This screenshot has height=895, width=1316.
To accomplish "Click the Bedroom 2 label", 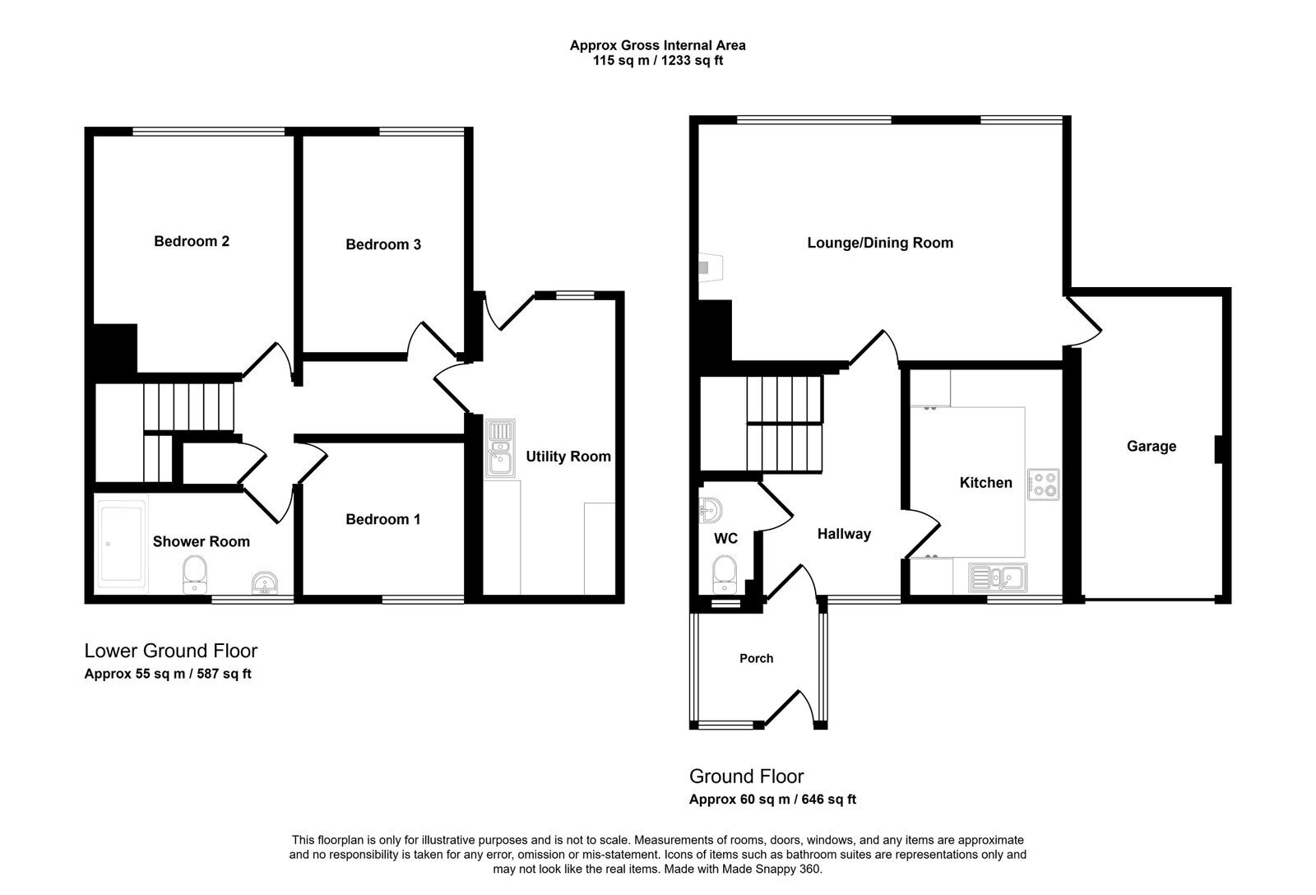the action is pyautogui.click(x=192, y=241).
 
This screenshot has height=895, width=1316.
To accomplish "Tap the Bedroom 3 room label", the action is pyautogui.click(x=383, y=244).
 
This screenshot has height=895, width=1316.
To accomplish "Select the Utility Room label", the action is pyautogui.click(x=568, y=457).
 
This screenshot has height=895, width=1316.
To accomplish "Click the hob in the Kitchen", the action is pyautogui.click(x=1044, y=485).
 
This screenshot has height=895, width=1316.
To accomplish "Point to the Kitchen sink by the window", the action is pyautogui.click(x=998, y=577).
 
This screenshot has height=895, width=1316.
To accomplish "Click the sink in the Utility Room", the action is pyautogui.click(x=500, y=448).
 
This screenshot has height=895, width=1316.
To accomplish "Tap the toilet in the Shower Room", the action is pyautogui.click(x=194, y=575).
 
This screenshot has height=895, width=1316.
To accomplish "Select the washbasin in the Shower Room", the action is pyautogui.click(x=264, y=583).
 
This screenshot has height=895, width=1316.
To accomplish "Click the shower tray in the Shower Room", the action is pyautogui.click(x=122, y=544).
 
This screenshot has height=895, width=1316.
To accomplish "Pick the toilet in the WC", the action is pyautogui.click(x=725, y=575).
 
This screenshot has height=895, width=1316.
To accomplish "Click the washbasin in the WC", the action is pyautogui.click(x=711, y=510).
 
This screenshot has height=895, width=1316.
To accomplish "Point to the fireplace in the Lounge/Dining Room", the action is pyautogui.click(x=711, y=268).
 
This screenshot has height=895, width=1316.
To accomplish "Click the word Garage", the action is pyautogui.click(x=1151, y=447).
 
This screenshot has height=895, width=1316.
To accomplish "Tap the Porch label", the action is pyautogui.click(x=756, y=658).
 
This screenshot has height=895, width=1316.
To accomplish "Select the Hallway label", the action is pyautogui.click(x=844, y=534).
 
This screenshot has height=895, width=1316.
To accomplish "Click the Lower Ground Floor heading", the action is pyautogui.click(x=171, y=651).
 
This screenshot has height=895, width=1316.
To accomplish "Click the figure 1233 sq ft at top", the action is pyautogui.click(x=692, y=61).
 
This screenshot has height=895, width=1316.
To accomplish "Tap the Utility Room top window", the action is pyautogui.click(x=575, y=295).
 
